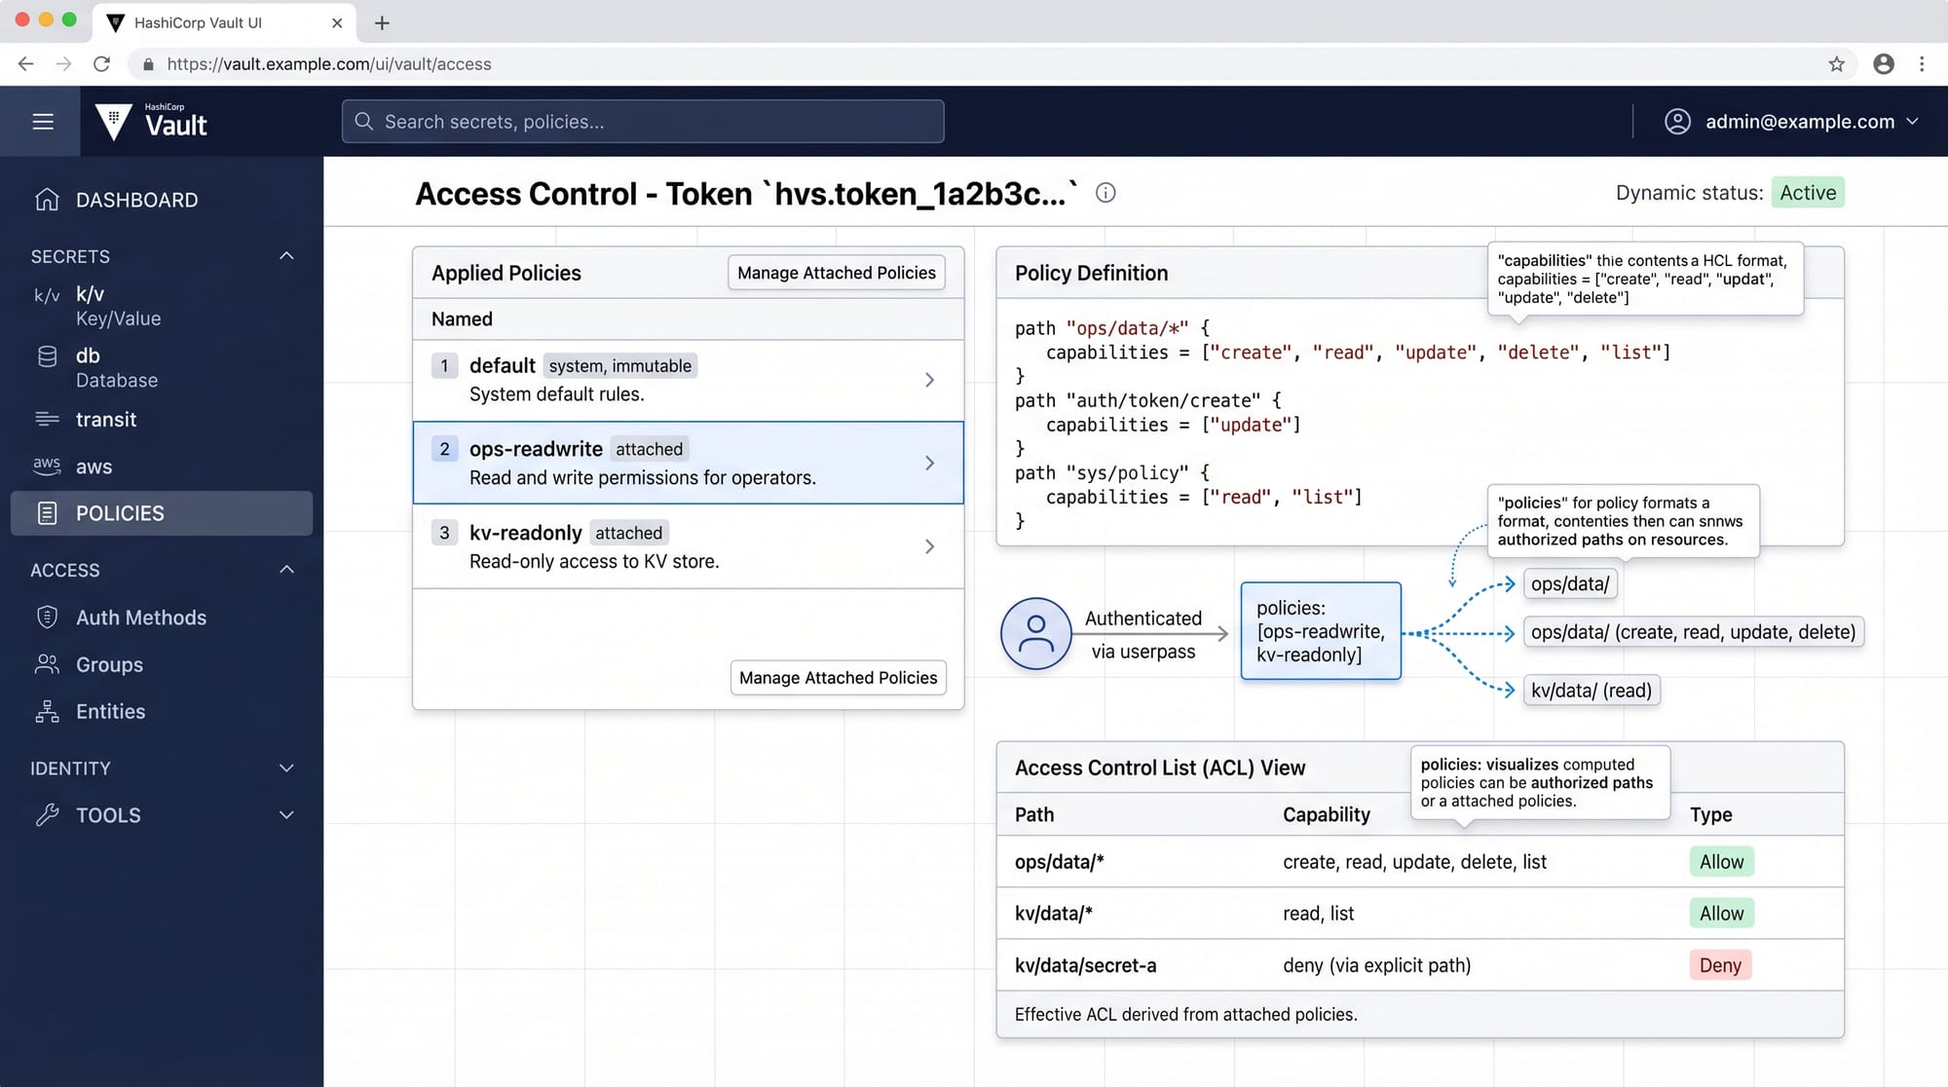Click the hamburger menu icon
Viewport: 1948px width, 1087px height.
43,122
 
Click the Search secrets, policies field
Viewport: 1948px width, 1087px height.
643,122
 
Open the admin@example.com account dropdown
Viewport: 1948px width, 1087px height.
1791,122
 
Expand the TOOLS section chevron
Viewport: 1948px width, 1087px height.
286,815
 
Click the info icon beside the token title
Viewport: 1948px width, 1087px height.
1105,193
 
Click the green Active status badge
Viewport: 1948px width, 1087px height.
1808,193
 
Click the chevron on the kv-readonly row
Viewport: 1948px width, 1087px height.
929,546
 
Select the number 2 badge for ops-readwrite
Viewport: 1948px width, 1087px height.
444,449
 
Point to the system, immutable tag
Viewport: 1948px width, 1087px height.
620,366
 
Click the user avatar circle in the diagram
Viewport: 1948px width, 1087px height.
1036,634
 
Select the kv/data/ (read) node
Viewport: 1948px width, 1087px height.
1592,691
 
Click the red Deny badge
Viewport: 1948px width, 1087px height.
1720,965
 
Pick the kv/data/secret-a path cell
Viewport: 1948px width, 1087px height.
1086,965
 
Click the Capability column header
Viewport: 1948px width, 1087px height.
1327,814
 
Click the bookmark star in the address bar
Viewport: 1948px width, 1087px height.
1837,64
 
